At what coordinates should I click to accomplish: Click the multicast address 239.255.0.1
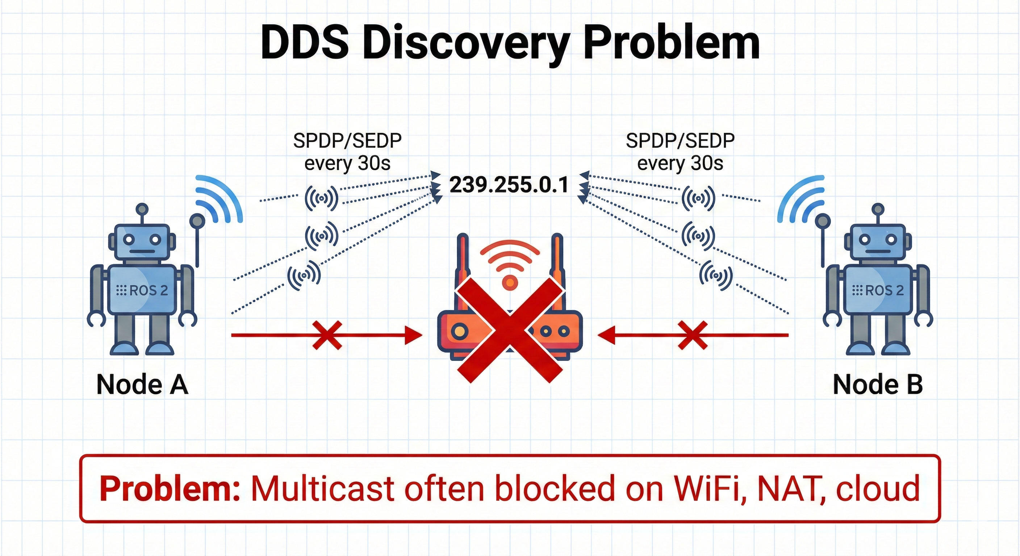click(x=509, y=185)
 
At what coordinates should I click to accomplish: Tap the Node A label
click(x=142, y=384)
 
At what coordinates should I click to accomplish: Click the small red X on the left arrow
click(x=327, y=335)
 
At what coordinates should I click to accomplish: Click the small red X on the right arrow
click(x=693, y=335)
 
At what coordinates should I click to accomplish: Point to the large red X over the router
click(x=510, y=330)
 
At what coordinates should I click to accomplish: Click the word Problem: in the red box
click(x=170, y=489)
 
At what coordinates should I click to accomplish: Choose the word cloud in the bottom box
click(x=877, y=489)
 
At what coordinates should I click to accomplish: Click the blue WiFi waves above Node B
click(x=800, y=198)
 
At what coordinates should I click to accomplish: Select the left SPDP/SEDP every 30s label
click(x=347, y=152)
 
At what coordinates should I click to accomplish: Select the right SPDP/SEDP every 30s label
click(x=680, y=152)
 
